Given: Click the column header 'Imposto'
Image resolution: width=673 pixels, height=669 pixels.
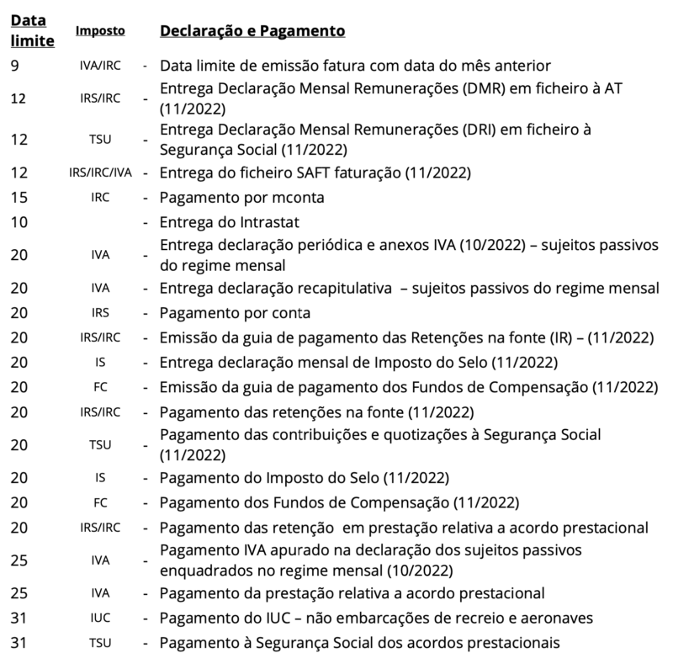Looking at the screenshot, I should click(100, 31).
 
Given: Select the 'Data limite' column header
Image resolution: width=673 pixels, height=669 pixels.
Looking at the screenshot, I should click(33, 30).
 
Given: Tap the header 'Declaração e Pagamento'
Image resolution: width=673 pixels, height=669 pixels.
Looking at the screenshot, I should click(252, 31).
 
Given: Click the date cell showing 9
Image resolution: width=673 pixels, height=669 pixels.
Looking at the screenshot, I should click(15, 66).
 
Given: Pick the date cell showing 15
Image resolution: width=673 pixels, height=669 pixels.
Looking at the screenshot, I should click(19, 199).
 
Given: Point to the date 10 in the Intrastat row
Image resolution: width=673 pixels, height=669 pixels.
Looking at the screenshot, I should click(19, 223).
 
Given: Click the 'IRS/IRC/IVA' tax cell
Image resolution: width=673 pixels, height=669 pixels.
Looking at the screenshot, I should click(100, 174).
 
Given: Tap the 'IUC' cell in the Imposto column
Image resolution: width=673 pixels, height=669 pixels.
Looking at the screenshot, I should click(100, 619).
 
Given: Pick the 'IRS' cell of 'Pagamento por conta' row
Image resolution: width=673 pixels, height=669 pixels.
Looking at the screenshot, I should click(100, 314).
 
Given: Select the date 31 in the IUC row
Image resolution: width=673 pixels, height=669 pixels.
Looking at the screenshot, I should click(19, 619).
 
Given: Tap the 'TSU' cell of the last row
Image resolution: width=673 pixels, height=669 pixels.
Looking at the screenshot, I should click(100, 644).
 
